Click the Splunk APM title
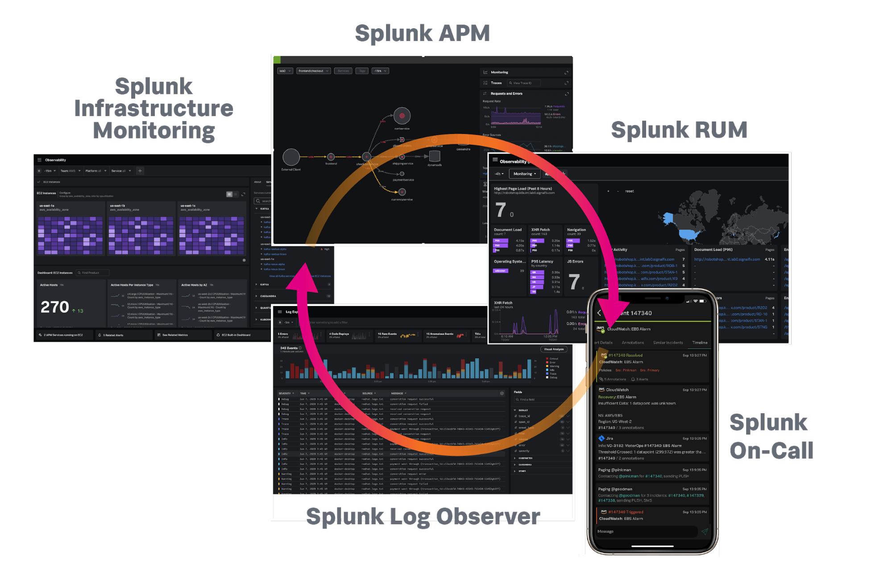pyautogui.click(x=422, y=33)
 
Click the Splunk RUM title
pyautogui.click(x=679, y=130)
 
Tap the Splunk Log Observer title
pyautogui.click(x=423, y=516)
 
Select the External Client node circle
pyautogui.click(x=291, y=157)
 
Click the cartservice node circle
pyautogui.click(x=402, y=116)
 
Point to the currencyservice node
pyautogui.click(x=402, y=192)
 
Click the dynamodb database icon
pyautogui.click(x=434, y=156)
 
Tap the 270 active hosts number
pyautogui.click(x=55, y=307)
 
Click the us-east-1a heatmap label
pyautogui.click(x=47, y=206)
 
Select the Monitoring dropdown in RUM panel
pyautogui.click(x=524, y=174)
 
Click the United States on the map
pyautogui.click(x=691, y=234)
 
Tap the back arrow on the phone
pyautogui.click(x=599, y=313)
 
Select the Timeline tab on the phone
pyautogui.click(x=700, y=343)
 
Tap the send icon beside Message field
pyautogui.click(x=705, y=531)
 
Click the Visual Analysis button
pyautogui.click(x=554, y=349)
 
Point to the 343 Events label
pyautogui.click(x=289, y=348)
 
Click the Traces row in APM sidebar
pyautogui.click(x=496, y=83)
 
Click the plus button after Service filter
pyautogui.click(x=140, y=171)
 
